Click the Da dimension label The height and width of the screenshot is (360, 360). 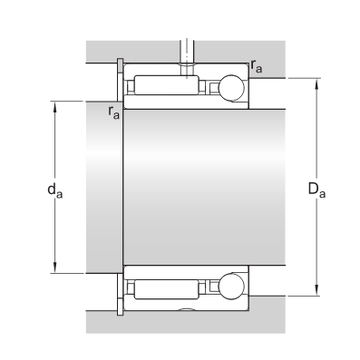(316, 190)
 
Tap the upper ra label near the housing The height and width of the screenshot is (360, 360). (257, 66)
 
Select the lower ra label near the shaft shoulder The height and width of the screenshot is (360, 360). (113, 112)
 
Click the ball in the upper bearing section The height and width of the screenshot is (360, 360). (231, 88)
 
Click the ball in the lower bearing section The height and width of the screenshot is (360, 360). (231, 287)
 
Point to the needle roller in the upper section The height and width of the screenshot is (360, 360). (167, 85)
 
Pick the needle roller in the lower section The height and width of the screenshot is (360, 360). (167, 289)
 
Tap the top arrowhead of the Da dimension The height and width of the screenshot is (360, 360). (316, 83)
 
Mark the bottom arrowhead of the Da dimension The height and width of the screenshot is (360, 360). (316, 290)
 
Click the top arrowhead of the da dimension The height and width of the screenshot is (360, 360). (54, 106)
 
